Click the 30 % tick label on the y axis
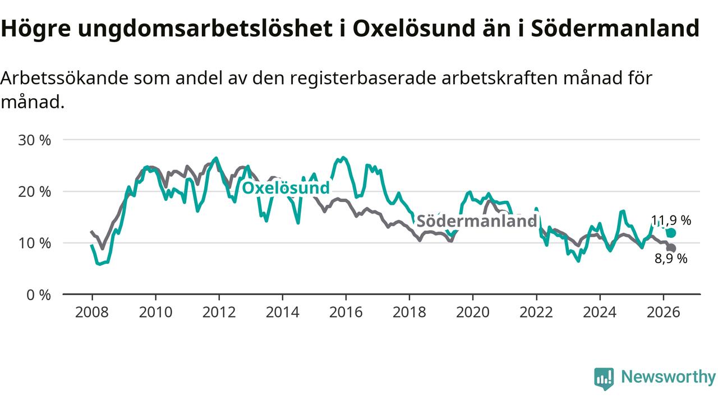pyautogui.click(x=34, y=140)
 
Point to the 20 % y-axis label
pyautogui.click(x=34, y=192)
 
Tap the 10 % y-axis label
pyautogui.click(x=34, y=244)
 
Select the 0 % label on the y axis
pyautogui.click(x=39, y=295)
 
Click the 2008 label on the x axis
pyautogui.click(x=92, y=313)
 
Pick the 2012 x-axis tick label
pyautogui.click(x=219, y=313)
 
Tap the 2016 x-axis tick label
pyautogui.click(x=346, y=313)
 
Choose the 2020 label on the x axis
pyautogui.click(x=473, y=313)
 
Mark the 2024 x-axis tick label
pyautogui.click(x=600, y=313)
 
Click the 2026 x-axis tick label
pyautogui.click(x=663, y=313)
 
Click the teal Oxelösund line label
pyautogui.click(x=286, y=188)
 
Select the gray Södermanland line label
pyautogui.click(x=477, y=221)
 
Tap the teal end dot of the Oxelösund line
pyautogui.click(x=671, y=233)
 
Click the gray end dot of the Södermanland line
pyautogui.click(x=671, y=248)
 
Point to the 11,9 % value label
pyautogui.click(x=671, y=221)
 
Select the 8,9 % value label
pyautogui.click(x=671, y=259)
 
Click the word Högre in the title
pyautogui.click(x=35, y=29)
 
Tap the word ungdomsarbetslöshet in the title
pyautogui.click(x=205, y=29)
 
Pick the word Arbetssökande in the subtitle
pyautogui.click(x=65, y=78)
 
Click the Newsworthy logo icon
pyautogui.click(x=604, y=379)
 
